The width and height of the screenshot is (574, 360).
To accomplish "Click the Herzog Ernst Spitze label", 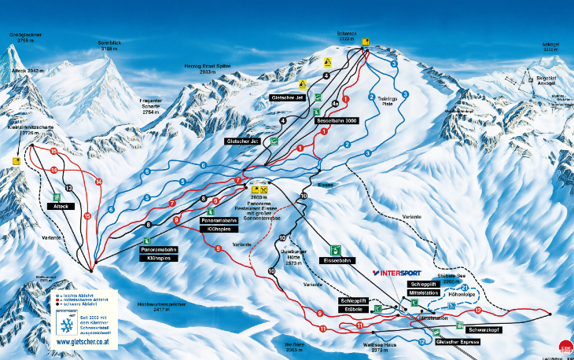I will tap(208, 68).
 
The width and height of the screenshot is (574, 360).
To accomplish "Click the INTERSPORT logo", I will tap(407, 273).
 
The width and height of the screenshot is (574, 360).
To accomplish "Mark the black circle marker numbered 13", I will tap(68, 189).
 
